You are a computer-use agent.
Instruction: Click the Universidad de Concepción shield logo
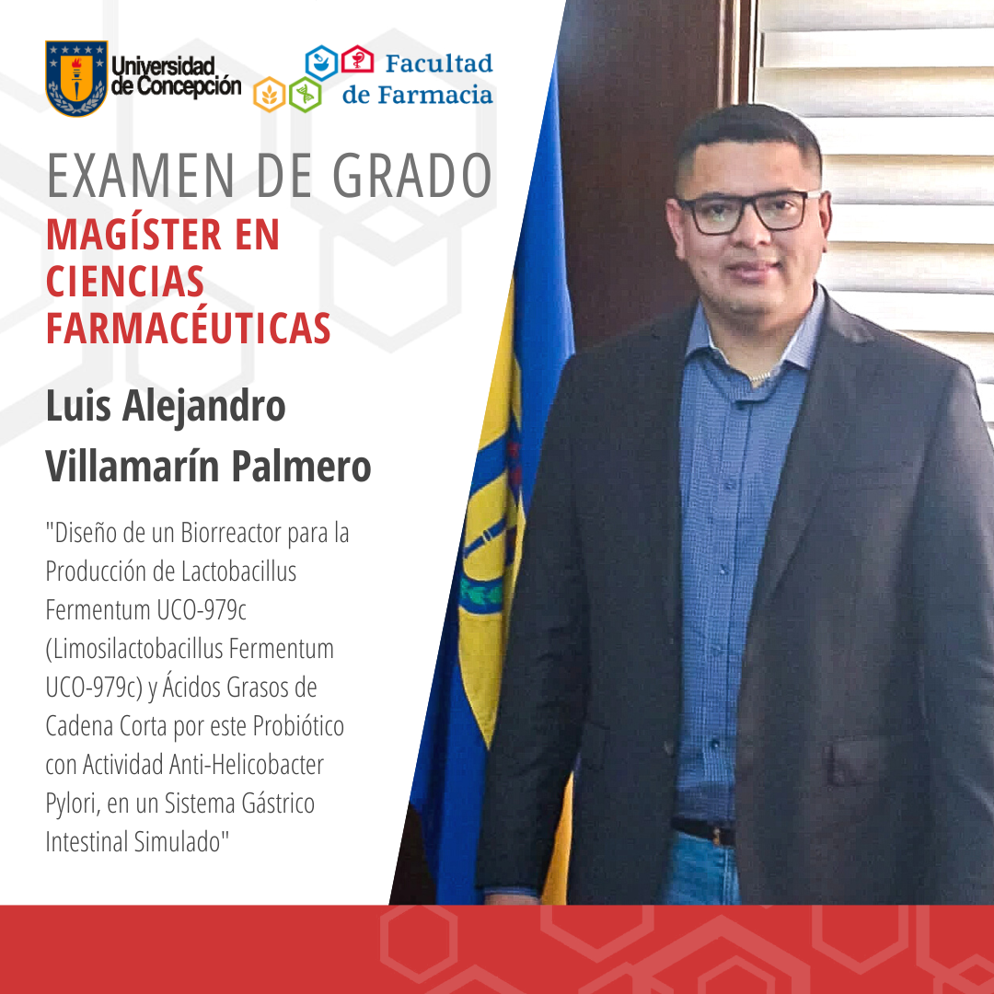76,78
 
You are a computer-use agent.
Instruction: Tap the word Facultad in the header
438,64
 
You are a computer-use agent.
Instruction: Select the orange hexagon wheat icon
270,94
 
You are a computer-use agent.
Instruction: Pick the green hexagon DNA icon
305,94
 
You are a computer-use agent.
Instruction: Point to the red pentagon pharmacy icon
357,62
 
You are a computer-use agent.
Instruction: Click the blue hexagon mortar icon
322,63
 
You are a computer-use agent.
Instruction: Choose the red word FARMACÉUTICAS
188,329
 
